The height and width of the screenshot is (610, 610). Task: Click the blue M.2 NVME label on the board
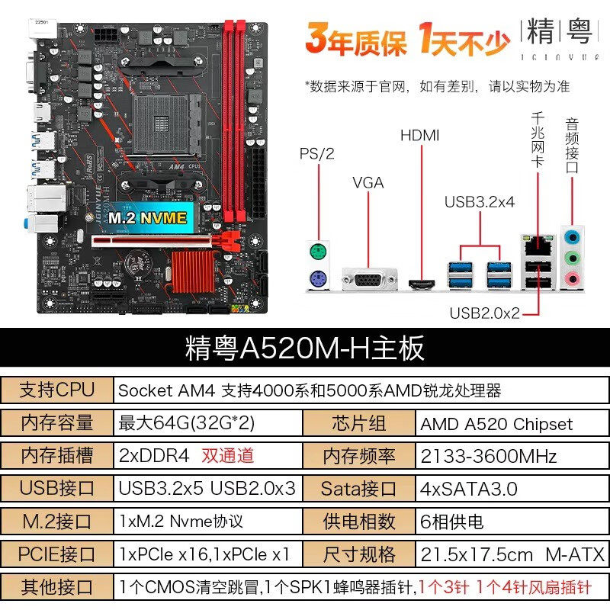146,217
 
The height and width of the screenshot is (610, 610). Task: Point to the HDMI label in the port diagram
420,136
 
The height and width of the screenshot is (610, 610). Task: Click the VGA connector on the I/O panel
369,281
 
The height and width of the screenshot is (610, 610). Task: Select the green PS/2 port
318,252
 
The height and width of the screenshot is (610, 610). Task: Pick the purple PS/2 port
318,280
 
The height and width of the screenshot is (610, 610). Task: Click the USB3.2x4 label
480,201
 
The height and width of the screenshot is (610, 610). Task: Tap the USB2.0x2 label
484,313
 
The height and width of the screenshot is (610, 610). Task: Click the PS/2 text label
317,153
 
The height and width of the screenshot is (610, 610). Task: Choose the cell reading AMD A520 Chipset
496,424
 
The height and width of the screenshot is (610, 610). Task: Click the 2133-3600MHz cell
489,456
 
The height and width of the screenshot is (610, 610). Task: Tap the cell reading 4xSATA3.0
469,489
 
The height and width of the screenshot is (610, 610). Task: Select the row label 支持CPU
57,390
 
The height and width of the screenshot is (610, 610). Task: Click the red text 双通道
227,456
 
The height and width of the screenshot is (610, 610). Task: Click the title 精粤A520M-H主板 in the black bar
304,348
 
